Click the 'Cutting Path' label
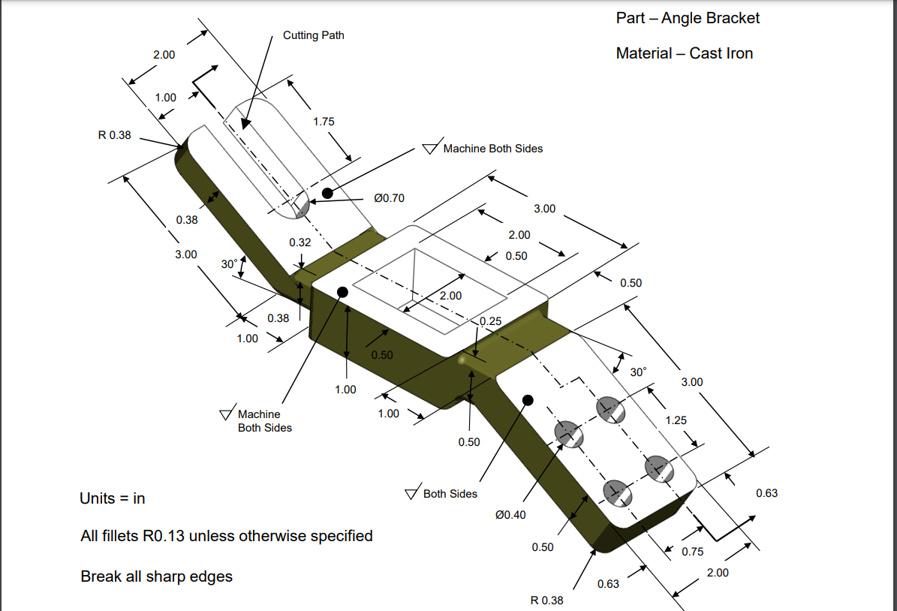pyautogui.click(x=313, y=35)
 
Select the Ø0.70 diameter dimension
pyautogui.click(x=389, y=198)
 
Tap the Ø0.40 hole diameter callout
pyautogui.click(x=511, y=515)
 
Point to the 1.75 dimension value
pyautogui.click(x=323, y=122)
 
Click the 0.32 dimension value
pyautogui.click(x=300, y=242)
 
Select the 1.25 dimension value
pyautogui.click(x=676, y=420)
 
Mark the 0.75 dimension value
pyautogui.click(x=693, y=552)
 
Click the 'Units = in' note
pyautogui.click(x=113, y=498)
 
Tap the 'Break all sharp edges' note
pyautogui.click(x=156, y=576)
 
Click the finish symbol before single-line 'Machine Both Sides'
pyautogui.click(x=430, y=149)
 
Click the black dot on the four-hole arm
pyautogui.click(x=528, y=399)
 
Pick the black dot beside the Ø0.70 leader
pyautogui.click(x=327, y=194)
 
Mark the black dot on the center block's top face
pyautogui.click(x=342, y=291)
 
